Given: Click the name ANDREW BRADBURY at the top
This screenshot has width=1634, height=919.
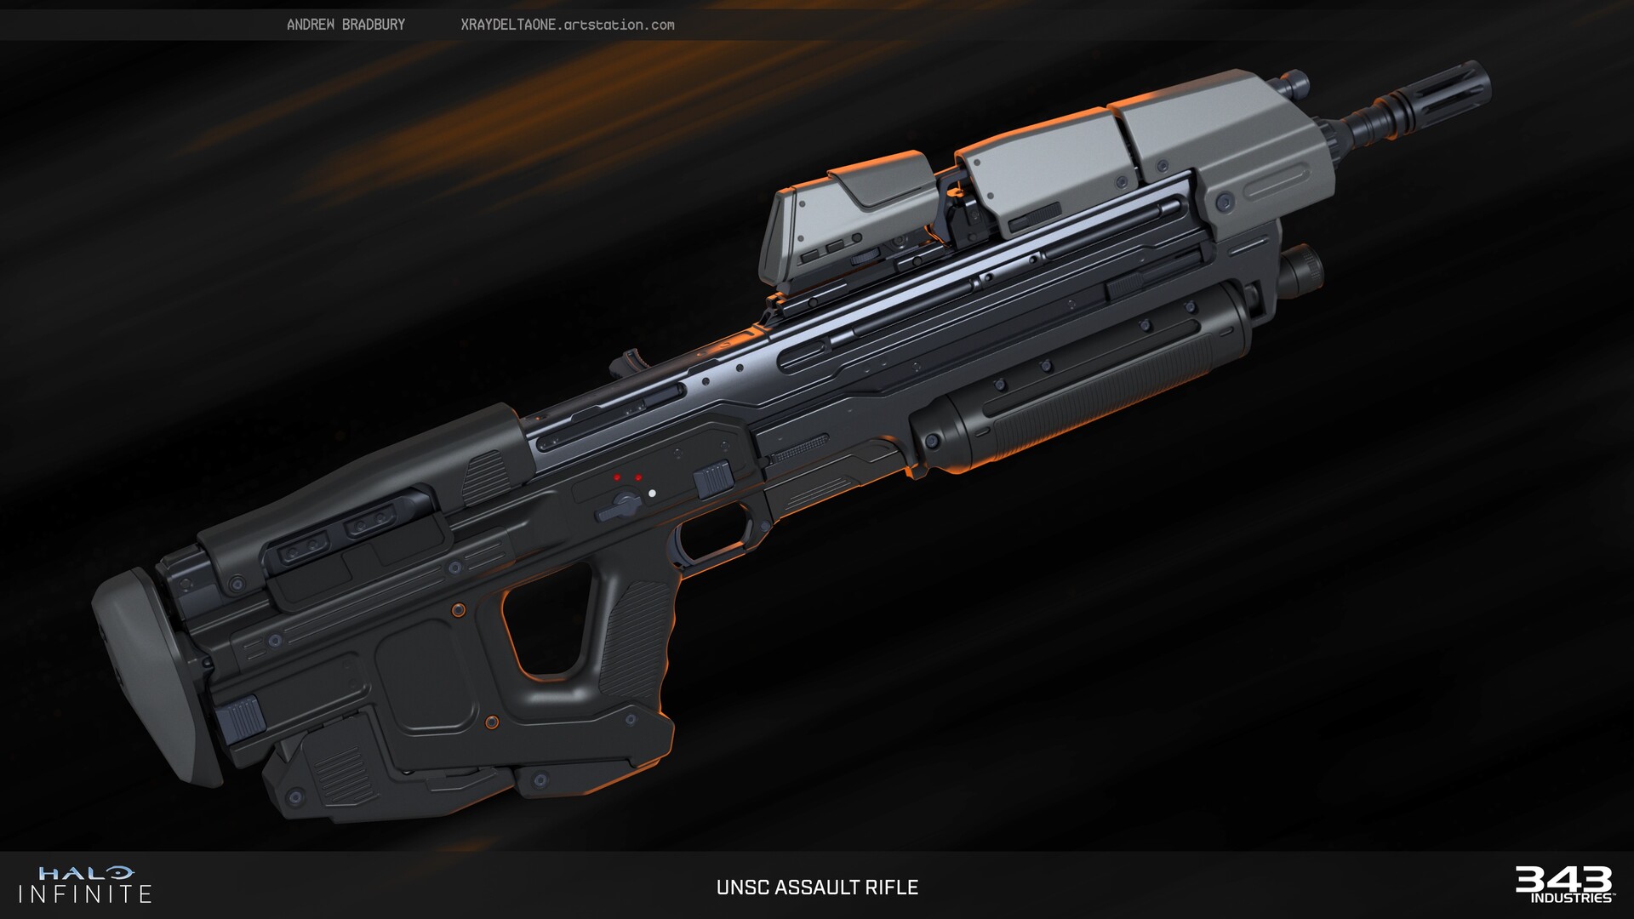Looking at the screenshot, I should click(346, 25).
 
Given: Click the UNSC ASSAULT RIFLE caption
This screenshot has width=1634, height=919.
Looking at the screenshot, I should click(817, 888).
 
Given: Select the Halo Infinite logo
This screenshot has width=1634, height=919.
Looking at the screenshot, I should click(84, 884).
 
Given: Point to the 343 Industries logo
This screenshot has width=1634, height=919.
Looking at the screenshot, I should click(1563, 884).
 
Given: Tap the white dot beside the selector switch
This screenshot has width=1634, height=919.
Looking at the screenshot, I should click(653, 493).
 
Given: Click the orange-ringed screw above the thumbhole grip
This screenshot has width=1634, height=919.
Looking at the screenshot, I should click(459, 609).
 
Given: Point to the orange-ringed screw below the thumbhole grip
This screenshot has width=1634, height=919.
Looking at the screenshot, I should click(491, 722).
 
